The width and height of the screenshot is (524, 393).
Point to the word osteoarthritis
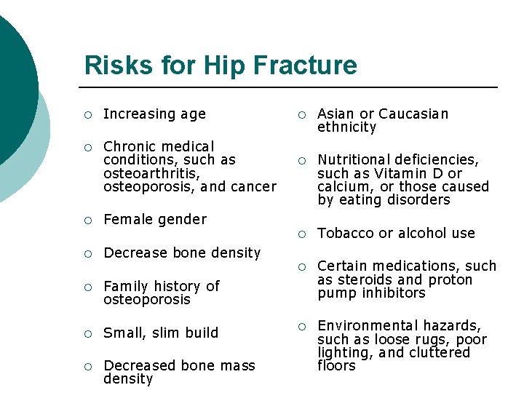point(151,173)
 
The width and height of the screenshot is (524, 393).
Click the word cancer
point(253,187)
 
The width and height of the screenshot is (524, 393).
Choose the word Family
point(126,286)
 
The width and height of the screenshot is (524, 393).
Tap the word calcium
point(343,187)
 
